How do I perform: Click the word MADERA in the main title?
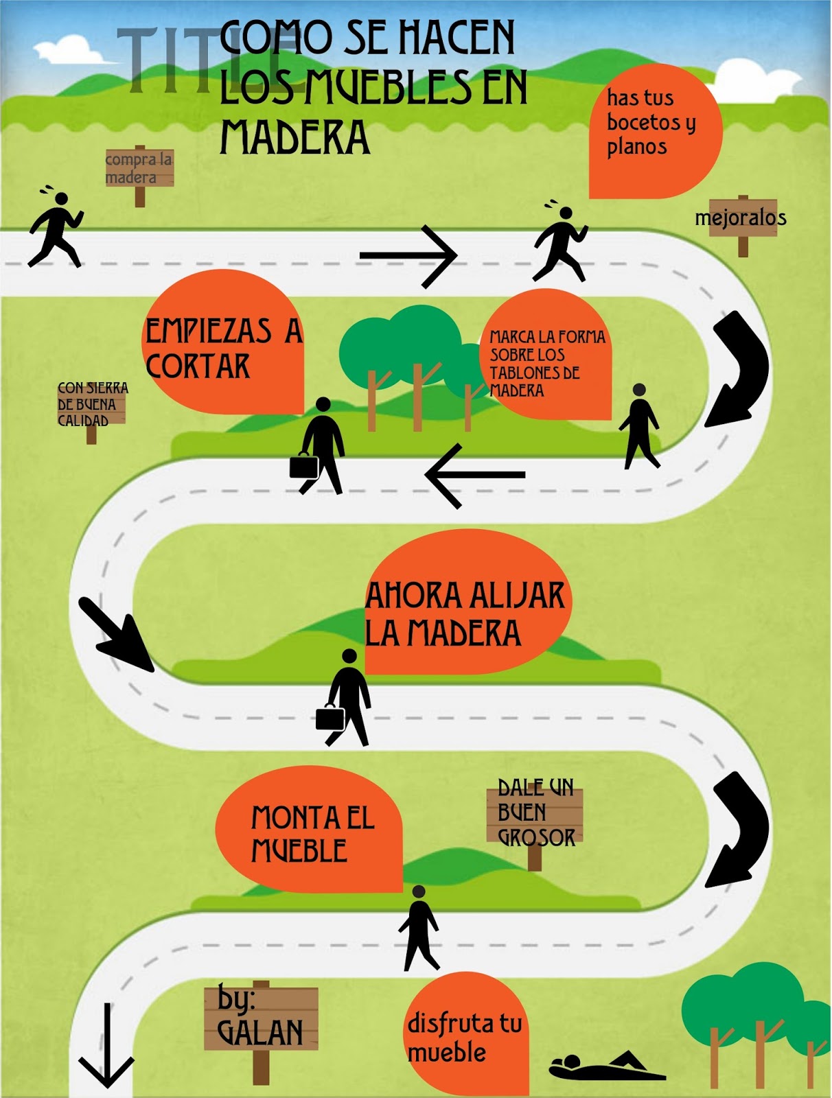click(294, 138)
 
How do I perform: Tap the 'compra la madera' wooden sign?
click(139, 168)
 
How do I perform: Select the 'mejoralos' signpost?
click(741, 218)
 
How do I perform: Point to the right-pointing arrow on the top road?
click(409, 256)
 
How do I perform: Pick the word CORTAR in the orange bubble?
click(198, 366)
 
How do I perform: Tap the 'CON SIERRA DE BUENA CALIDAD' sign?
click(92, 405)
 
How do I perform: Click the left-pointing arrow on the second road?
click(474, 475)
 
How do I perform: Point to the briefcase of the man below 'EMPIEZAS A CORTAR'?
click(303, 466)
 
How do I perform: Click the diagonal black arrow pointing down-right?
click(115, 633)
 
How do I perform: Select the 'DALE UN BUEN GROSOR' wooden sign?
click(535, 813)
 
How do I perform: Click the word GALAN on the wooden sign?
click(259, 1033)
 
